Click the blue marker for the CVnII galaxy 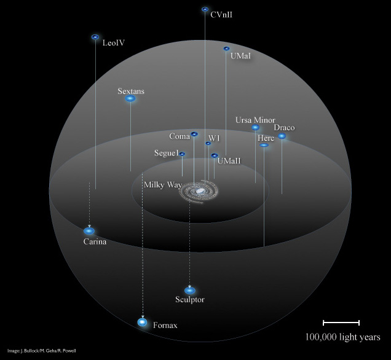(x=205, y=9)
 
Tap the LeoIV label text (x=114, y=43)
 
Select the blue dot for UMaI (x=226, y=49)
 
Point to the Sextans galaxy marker (x=130, y=99)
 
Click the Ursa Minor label (x=255, y=120)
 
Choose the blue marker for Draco (x=282, y=136)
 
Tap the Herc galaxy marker (x=264, y=145)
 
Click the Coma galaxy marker (x=194, y=134)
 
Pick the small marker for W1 (x=208, y=143)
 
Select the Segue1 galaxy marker (x=182, y=154)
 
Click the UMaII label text (x=229, y=161)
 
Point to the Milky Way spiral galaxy (x=199, y=191)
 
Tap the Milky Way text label (x=163, y=185)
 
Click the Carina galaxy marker (x=89, y=231)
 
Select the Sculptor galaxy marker (x=190, y=291)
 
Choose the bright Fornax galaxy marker (x=142, y=322)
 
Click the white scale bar (x=341, y=323)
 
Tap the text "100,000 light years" (x=342, y=337)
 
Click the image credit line (x=41, y=351)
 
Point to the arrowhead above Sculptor (x=190, y=286)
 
